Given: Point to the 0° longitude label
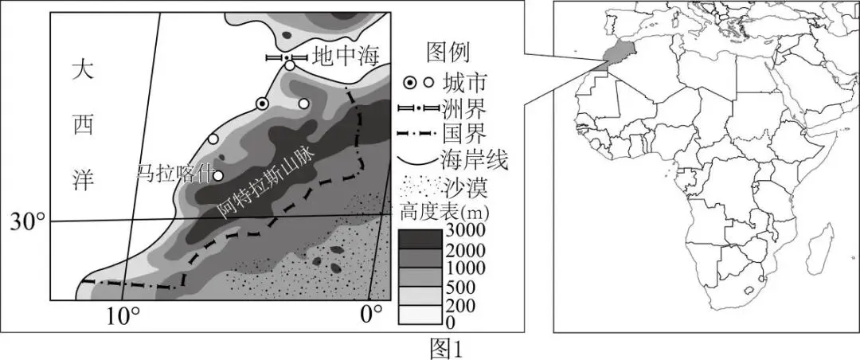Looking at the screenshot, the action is (x=372, y=315).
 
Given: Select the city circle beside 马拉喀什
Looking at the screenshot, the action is (x=218, y=176).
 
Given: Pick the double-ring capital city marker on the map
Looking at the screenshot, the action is (x=262, y=104).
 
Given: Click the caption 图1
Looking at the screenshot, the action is (x=447, y=349).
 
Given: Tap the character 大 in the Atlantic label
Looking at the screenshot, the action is (x=83, y=72).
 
